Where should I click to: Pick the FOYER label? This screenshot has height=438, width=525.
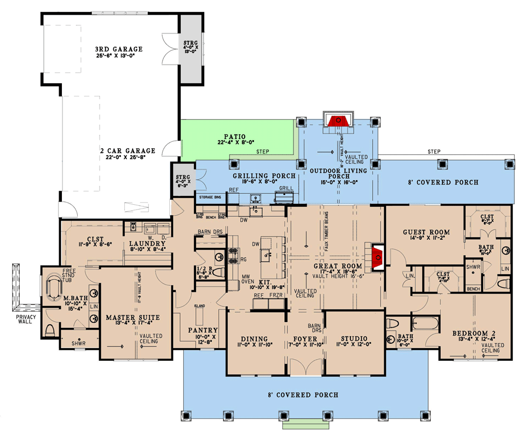(x=305, y=338)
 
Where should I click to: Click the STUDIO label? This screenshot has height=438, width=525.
(x=353, y=338)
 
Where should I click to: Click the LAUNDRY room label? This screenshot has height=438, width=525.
(x=148, y=244)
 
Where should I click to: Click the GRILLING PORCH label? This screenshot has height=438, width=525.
(x=264, y=176)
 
